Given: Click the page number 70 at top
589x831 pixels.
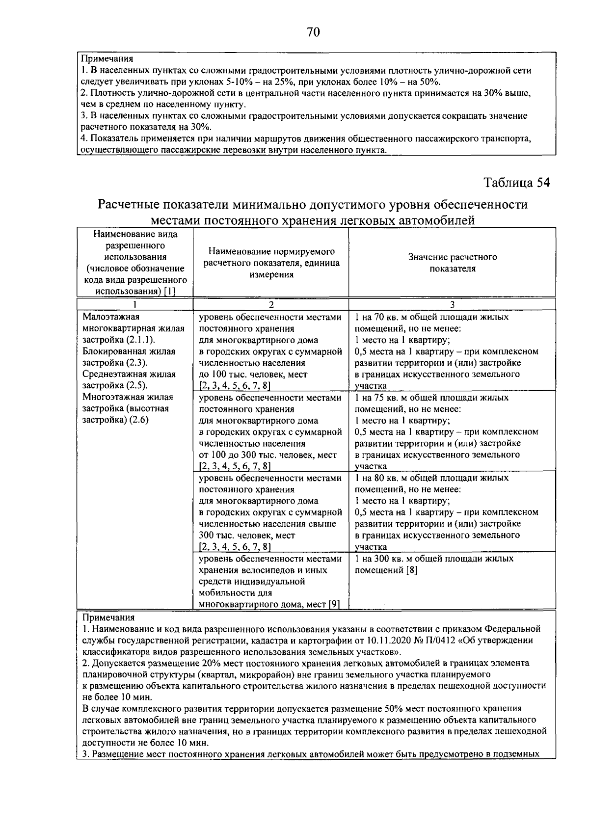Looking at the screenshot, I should tap(313, 32).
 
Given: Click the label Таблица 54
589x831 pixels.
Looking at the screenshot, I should tap(516, 183).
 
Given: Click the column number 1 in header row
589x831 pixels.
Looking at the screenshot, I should tap(135, 304).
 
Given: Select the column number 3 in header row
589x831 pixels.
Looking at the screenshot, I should tap(452, 304).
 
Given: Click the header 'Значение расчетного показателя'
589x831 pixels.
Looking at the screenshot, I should tap(452, 263).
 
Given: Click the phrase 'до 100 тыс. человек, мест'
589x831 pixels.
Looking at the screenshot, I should tap(253, 375).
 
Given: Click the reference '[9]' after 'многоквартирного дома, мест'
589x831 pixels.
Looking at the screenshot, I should tap(334, 604).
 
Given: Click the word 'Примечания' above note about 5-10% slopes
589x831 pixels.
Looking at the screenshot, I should tap(107, 59).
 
